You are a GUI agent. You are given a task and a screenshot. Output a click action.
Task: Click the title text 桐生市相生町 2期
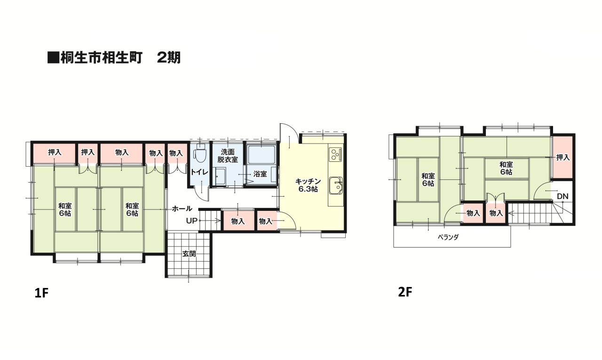coord(114,58)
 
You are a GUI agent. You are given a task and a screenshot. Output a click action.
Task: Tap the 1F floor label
coord(41,293)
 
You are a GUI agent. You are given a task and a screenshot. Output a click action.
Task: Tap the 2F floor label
coord(405,292)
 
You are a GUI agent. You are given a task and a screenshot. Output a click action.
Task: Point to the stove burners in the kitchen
coord(335,154)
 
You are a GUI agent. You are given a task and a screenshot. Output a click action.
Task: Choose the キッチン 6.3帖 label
coord(308,185)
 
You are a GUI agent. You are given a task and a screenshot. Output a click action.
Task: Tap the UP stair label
coord(191,221)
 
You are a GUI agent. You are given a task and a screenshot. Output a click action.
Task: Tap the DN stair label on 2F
coord(562,196)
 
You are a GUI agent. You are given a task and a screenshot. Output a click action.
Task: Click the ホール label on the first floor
coord(182,208)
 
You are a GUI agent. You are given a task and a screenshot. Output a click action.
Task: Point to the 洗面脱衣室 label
coord(227,156)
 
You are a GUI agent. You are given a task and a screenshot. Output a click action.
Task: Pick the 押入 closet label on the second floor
coord(562,158)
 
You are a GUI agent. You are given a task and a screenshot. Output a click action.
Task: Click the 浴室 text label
coord(260,174)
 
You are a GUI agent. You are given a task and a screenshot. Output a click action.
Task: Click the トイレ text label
coord(199,172)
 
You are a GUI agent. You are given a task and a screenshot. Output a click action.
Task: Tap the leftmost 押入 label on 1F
coord(55,152)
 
